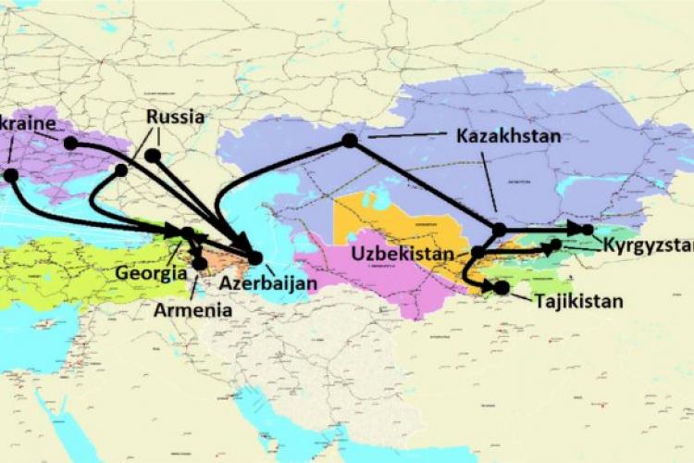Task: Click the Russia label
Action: [x=175, y=118]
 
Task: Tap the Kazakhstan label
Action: [x=508, y=135]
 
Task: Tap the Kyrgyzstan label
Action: [x=648, y=247]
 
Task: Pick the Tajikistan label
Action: [x=577, y=300]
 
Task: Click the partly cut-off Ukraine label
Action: [x=28, y=123]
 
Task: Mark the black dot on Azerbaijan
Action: [x=255, y=257]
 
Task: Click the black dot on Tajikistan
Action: [x=502, y=288]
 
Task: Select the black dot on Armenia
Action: [x=200, y=263]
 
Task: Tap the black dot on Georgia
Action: [x=188, y=233]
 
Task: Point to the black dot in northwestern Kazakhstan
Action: [x=349, y=140]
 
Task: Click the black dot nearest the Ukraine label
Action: [x=70, y=143]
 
